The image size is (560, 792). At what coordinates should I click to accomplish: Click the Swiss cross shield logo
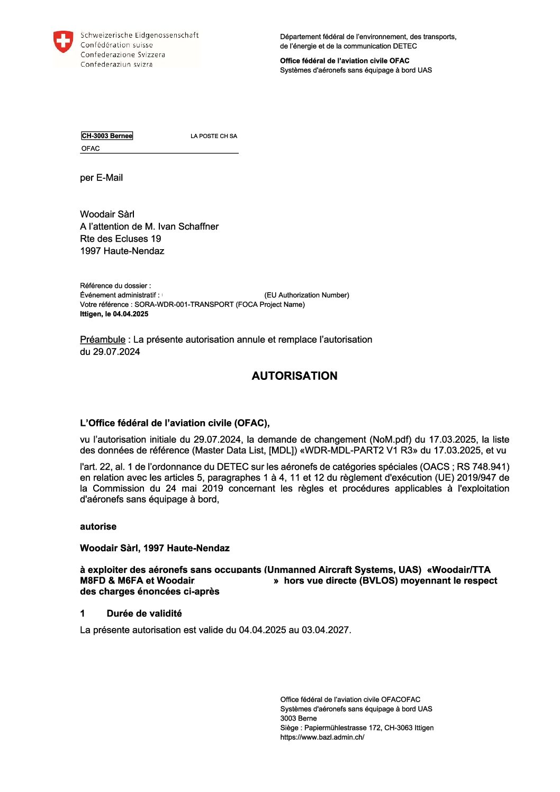(x=63, y=41)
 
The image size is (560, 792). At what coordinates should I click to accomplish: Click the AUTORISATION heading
(x=294, y=376)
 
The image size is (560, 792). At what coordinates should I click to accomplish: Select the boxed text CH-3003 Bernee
(x=107, y=136)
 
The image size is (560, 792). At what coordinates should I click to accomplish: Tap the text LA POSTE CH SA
(x=214, y=136)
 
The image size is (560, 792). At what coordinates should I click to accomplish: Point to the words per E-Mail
(x=101, y=178)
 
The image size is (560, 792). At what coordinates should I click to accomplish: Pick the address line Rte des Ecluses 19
(x=120, y=239)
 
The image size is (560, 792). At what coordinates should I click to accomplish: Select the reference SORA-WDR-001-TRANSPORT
(x=184, y=305)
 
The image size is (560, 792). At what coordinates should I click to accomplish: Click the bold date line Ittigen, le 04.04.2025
(x=114, y=314)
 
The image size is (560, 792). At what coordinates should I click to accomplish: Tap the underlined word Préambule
(x=103, y=340)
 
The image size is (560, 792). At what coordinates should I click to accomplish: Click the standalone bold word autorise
(x=98, y=526)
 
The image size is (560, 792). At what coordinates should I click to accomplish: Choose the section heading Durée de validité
(x=144, y=614)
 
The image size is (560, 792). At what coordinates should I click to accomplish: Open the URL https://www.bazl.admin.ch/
(x=322, y=738)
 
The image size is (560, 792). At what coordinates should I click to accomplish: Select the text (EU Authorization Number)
(x=306, y=295)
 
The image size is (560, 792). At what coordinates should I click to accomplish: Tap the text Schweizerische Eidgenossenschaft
(x=139, y=35)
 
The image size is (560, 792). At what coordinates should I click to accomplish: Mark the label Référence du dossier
(x=115, y=286)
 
